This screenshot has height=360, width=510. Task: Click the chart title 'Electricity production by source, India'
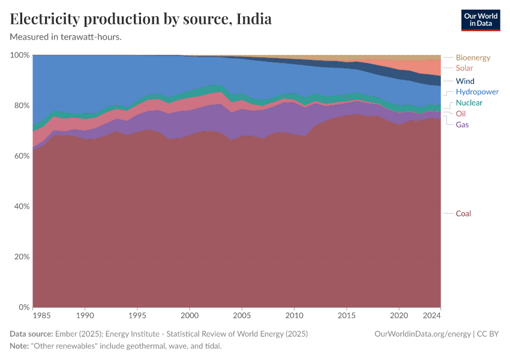141,19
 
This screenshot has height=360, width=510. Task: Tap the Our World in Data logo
480,20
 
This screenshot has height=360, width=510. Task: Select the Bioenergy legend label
473,58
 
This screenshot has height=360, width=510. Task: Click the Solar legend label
464,68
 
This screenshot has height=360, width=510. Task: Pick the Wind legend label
465,81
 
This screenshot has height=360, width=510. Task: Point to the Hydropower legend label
477,92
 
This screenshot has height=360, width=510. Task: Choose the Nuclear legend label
469,103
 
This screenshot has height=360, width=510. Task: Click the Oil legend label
461,114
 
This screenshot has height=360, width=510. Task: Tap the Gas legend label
462,125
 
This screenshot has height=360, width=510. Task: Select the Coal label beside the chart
464,214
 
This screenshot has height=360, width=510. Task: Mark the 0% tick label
22,307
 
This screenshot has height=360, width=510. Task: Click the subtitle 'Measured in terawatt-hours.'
66,37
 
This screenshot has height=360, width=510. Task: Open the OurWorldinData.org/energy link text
422,334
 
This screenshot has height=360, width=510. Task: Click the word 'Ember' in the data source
66,334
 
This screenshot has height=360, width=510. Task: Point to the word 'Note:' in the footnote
21,346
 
